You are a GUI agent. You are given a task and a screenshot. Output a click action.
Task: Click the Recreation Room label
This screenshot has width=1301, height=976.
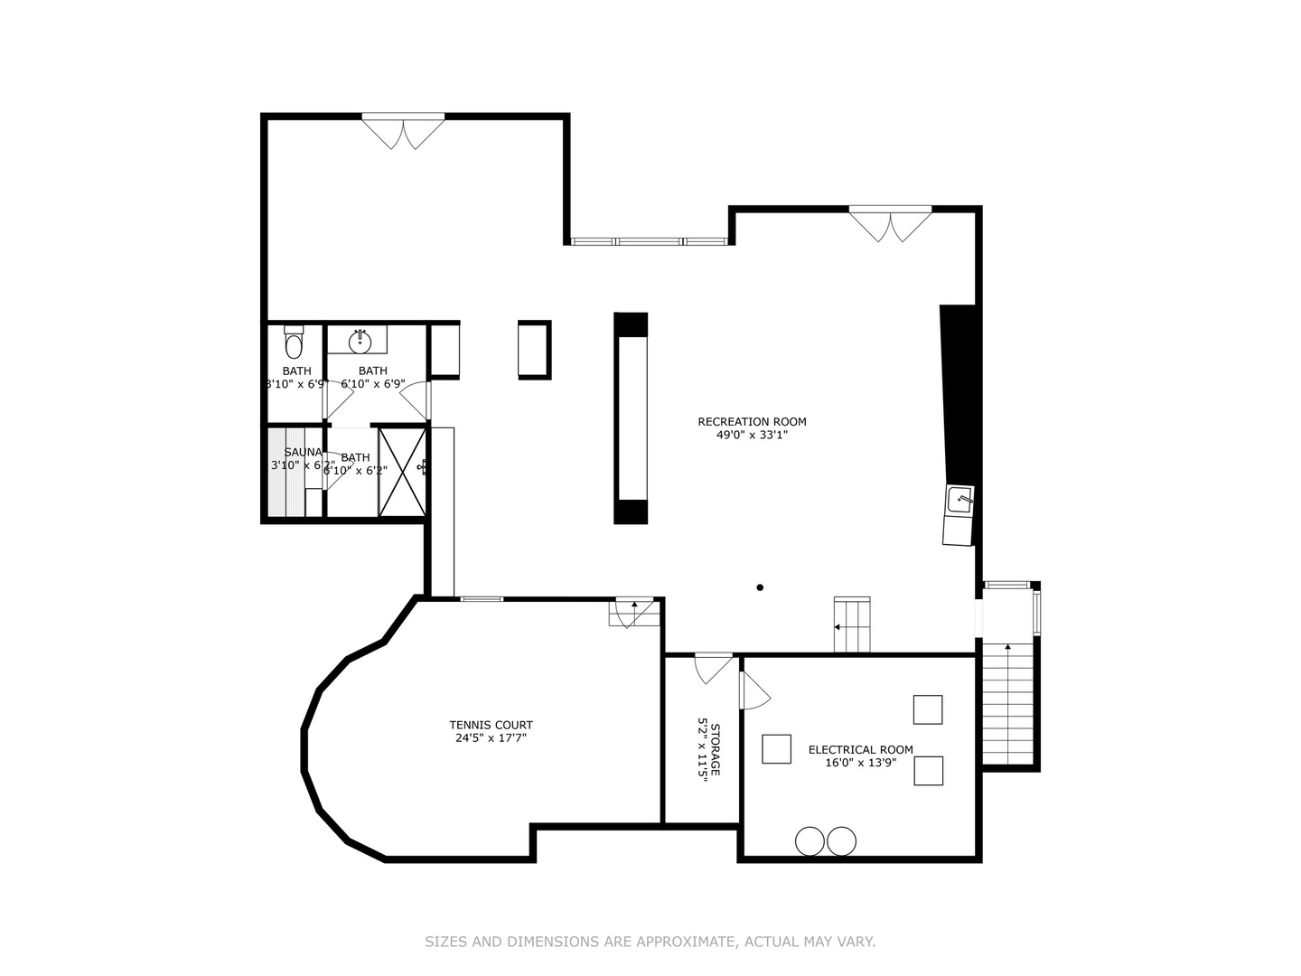[752, 421]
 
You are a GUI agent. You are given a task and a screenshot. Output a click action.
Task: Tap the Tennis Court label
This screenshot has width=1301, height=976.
[491, 725]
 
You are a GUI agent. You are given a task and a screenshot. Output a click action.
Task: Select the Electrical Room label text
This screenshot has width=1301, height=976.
[860, 749]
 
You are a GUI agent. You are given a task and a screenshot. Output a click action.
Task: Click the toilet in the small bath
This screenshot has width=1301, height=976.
[295, 343]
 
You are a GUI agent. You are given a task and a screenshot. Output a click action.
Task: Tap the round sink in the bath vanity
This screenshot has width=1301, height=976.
[360, 341]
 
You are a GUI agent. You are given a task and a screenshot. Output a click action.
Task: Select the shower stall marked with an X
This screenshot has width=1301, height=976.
[402, 471]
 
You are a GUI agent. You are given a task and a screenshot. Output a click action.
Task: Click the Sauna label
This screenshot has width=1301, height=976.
[303, 452]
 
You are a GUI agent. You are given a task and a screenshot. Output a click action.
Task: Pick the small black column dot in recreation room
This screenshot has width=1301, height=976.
[760, 587]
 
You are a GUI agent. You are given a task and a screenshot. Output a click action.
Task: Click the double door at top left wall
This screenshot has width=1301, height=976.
[403, 131]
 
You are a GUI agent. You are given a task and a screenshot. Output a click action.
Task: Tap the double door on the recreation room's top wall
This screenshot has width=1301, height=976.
[890, 224]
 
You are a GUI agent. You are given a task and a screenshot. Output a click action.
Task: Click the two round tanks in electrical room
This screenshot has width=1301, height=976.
[826, 841]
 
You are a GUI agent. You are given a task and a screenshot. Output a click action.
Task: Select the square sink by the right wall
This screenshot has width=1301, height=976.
[959, 500]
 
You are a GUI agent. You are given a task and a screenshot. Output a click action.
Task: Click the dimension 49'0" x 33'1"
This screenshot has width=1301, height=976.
[752, 435]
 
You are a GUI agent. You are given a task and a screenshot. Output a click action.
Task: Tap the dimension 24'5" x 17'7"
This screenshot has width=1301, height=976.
[491, 738]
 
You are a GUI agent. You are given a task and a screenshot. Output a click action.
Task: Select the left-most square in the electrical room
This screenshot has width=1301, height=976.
[776, 749]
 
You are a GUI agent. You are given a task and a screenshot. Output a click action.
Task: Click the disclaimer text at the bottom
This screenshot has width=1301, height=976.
[650, 942]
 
